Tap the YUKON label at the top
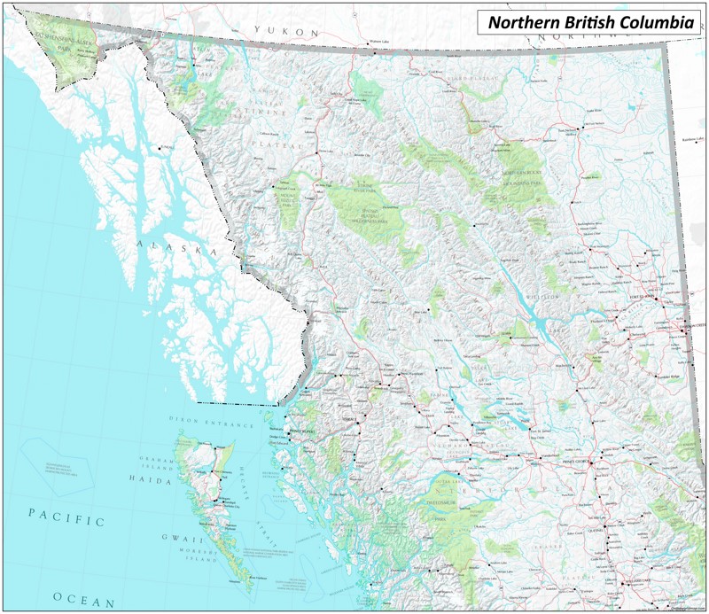point(285,31)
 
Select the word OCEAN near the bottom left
point(84,601)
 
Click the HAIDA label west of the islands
point(152,478)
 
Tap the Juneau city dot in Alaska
point(160,148)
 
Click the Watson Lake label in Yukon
point(378,42)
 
